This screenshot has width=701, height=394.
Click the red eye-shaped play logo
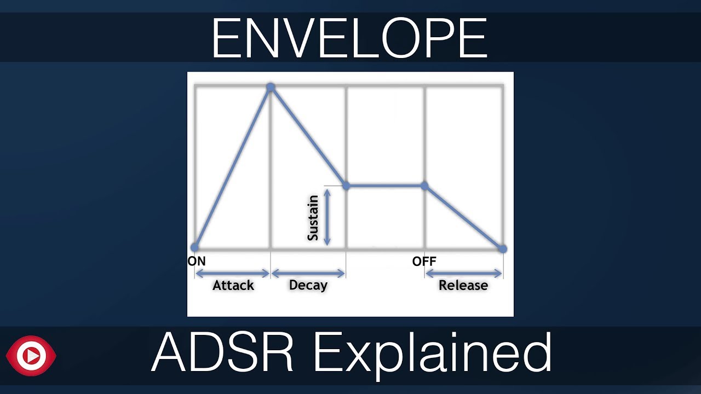coord(31,356)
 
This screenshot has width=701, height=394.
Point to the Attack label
coord(233,285)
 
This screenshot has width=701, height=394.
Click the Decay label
coord(308,285)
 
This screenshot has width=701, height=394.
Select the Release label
coord(463,285)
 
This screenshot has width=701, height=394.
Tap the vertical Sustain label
coord(313,218)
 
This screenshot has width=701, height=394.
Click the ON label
coord(197,262)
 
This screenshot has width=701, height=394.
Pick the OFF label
coord(424,262)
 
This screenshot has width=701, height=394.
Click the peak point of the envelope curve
coord(270,87)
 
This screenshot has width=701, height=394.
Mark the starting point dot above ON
coord(195,247)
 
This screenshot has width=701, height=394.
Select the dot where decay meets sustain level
coord(346,186)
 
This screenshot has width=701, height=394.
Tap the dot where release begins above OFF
coord(424,186)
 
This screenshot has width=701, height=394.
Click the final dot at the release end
coord(503,248)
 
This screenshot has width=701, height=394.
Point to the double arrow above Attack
coord(233,273)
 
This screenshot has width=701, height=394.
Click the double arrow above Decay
coord(308,273)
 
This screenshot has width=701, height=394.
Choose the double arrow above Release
coord(463,273)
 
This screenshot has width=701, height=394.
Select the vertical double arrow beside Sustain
coord(327,217)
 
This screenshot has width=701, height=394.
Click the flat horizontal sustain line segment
coord(385,186)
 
